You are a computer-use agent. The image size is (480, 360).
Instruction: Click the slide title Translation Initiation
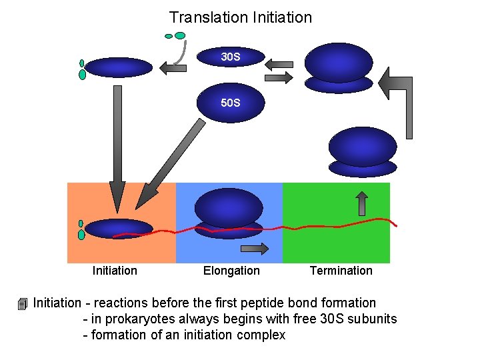[x=240, y=17]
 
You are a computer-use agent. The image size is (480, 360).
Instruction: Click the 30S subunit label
[x=231, y=57]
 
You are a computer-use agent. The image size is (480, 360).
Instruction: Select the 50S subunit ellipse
[x=231, y=103]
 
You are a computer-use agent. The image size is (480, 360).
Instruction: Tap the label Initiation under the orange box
[x=115, y=271]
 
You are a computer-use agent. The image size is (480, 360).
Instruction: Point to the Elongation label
[x=231, y=271]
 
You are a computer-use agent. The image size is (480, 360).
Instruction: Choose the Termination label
[x=341, y=271]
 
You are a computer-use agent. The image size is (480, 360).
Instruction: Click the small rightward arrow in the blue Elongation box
[x=254, y=249]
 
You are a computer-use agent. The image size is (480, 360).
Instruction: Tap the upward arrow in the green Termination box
[x=362, y=203]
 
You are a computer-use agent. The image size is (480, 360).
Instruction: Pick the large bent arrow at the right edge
[x=404, y=97]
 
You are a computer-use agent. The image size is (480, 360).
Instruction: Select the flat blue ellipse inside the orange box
[x=119, y=229]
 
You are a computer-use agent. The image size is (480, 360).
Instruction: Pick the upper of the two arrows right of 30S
[x=279, y=65]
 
